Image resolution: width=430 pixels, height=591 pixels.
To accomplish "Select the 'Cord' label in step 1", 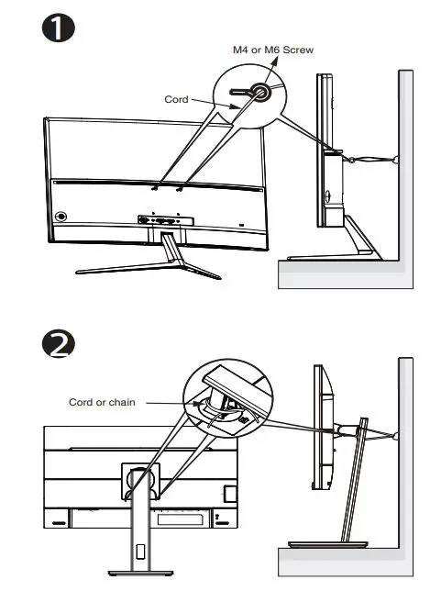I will pyautogui.click(x=176, y=99).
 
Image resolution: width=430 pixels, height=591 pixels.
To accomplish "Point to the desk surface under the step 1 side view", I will pyautogui.click(x=339, y=272).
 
